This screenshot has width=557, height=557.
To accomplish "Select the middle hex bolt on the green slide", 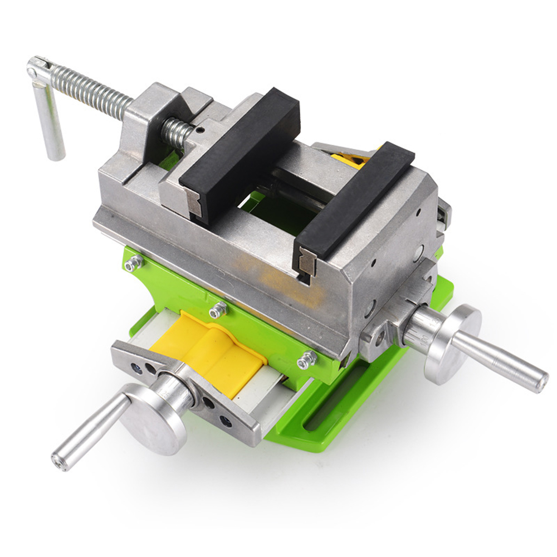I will (218, 309).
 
